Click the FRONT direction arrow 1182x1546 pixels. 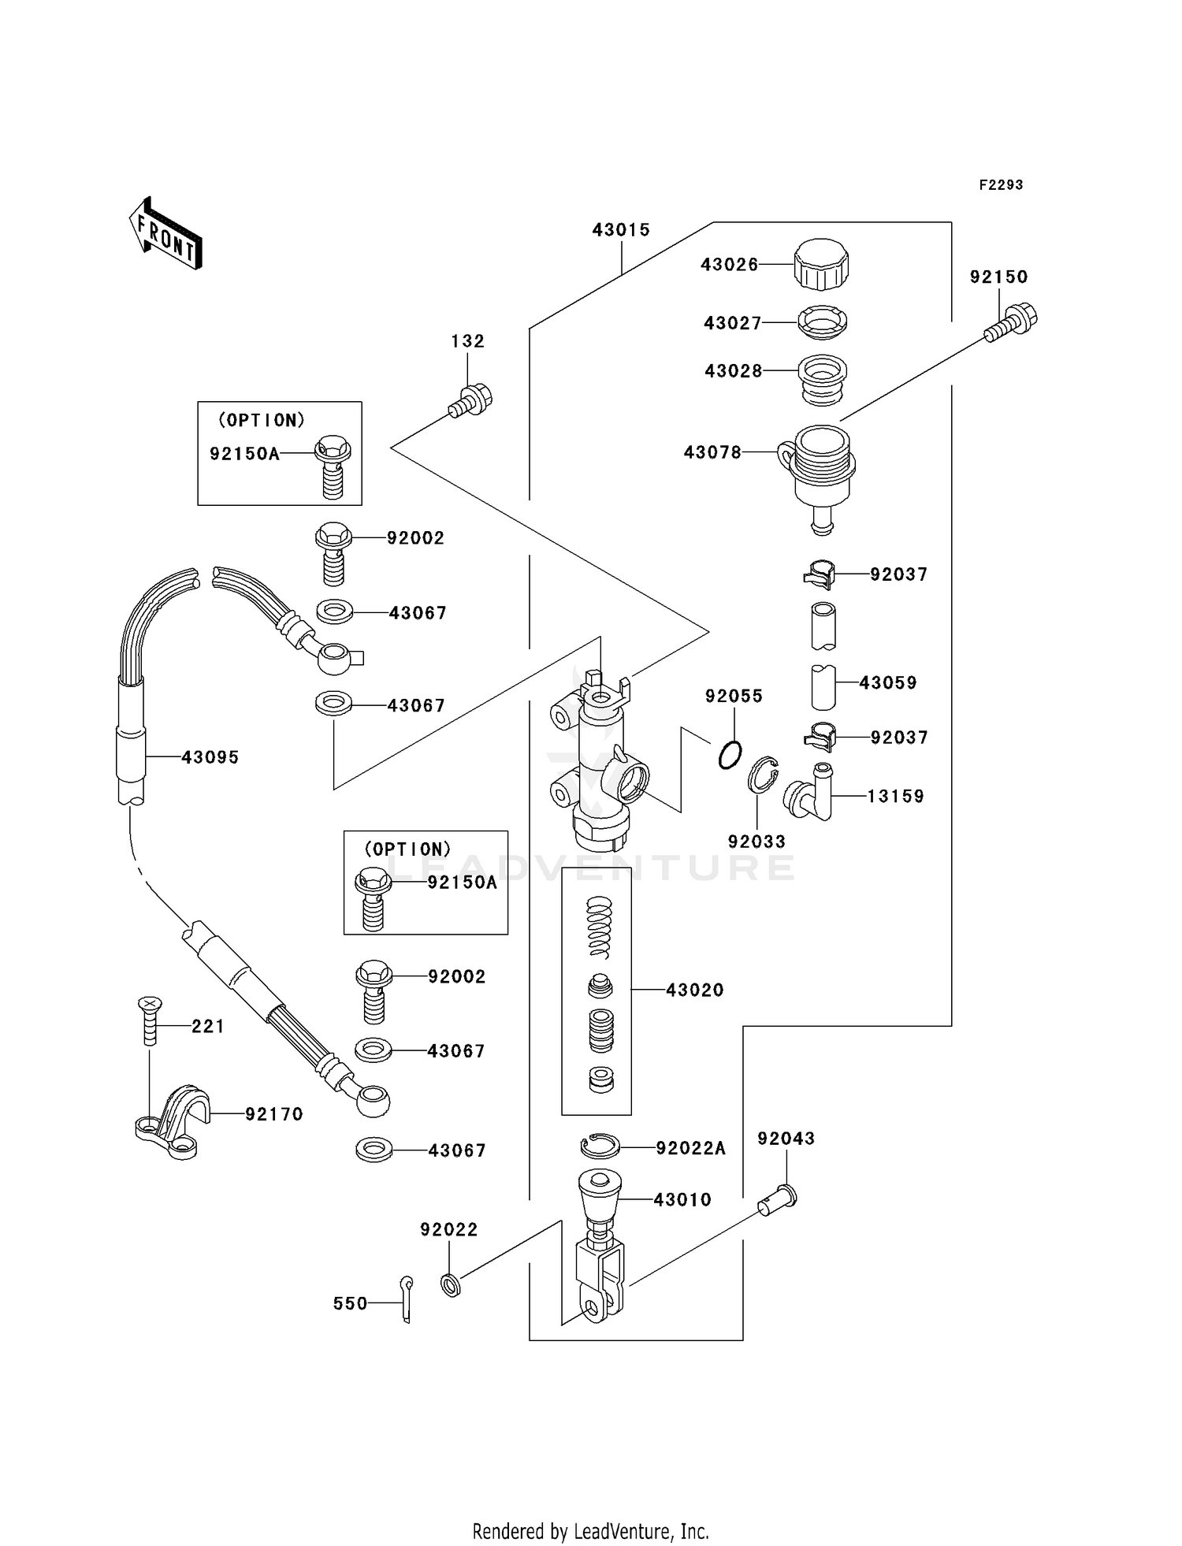(166, 234)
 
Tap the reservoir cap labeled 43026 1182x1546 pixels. (821, 266)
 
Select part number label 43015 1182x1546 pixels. (621, 230)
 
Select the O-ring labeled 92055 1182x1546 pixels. (730, 756)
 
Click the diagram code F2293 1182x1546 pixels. (1001, 185)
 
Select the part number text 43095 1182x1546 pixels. (210, 757)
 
